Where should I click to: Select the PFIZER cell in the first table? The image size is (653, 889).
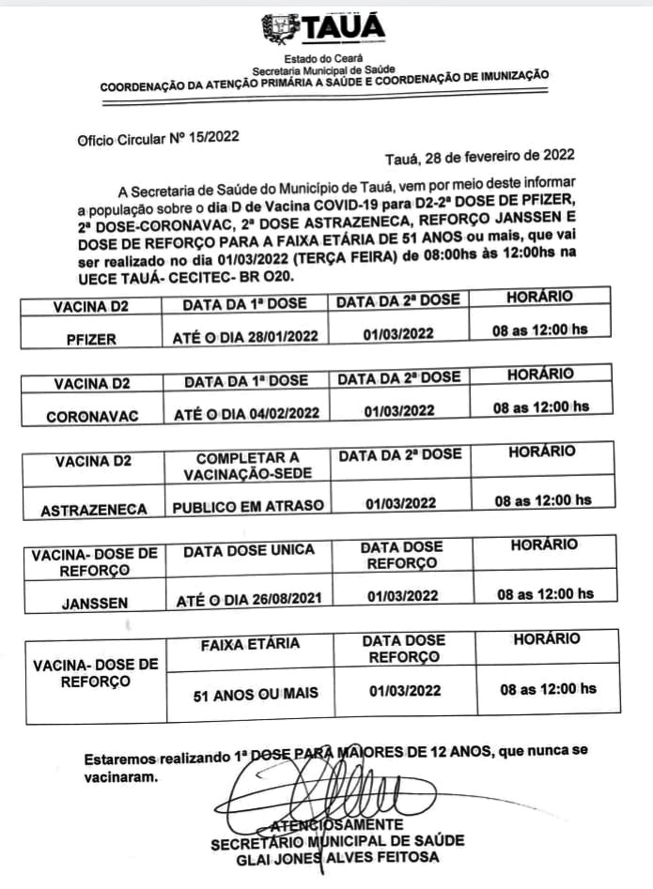pos(92,340)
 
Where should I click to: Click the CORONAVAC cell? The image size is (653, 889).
pos(92,413)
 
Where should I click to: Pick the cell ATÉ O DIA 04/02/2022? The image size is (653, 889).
pos(246,412)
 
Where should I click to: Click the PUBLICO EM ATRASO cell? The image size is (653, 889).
pos(248,506)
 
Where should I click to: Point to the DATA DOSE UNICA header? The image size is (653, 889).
pos(249,550)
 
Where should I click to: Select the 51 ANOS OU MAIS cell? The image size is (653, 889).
pos(256,695)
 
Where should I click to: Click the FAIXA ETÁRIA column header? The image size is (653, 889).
pos(251,644)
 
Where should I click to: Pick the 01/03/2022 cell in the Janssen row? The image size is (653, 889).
pos(402,595)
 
